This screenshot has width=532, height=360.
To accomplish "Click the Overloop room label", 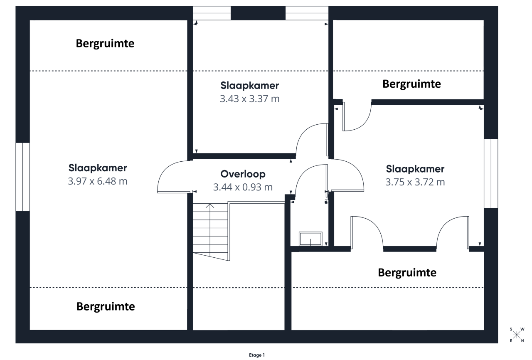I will pyautogui.click(x=243, y=174).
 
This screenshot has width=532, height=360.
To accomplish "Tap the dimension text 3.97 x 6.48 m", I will pyautogui.click(x=97, y=181).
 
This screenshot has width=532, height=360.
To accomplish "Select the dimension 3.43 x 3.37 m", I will pyautogui.click(x=249, y=99).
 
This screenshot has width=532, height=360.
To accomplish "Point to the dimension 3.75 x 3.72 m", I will pyautogui.click(x=415, y=182).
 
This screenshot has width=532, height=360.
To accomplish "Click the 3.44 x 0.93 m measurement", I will pyautogui.click(x=243, y=187).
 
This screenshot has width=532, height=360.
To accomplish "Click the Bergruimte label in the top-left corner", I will pyautogui.click(x=105, y=44).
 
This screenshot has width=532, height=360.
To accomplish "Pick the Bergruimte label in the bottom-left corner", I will pyautogui.click(x=106, y=307).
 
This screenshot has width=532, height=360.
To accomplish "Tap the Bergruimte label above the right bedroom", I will pyautogui.click(x=411, y=84).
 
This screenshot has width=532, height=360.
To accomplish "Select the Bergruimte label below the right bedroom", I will pyautogui.click(x=407, y=273).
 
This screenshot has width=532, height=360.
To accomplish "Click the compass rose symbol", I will pyautogui.click(x=516, y=335).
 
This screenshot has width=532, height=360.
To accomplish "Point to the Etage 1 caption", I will pyautogui.click(x=256, y=355).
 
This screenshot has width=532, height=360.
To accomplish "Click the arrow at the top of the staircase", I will pyautogui.click(x=210, y=205).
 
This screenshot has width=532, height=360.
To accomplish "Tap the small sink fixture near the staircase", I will pyautogui.click(x=310, y=239).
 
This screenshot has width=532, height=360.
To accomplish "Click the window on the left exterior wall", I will pyautogui.click(x=22, y=177).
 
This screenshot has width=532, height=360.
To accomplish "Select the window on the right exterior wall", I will pyautogui.click(x=491, y=173).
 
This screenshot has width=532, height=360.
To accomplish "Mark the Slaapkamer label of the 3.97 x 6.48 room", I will pyautogui.click(x=97, y=168).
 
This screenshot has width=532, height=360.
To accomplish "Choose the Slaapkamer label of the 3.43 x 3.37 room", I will pyautogui.click(x=249, y=86).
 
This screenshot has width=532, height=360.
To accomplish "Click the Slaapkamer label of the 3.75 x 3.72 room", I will pyautogui.click(x=415, y=169).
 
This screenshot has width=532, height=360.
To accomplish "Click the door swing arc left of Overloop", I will pyautogui.click(x=171, y=176).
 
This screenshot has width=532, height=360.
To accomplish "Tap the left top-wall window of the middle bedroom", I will pyautogui.click(x=212, y=13).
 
